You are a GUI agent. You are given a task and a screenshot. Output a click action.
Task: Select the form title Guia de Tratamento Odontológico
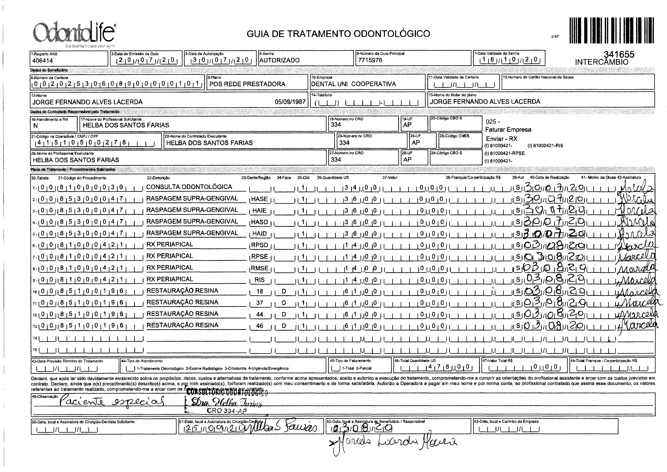click(338, 34)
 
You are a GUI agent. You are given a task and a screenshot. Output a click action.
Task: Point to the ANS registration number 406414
click(43, 61)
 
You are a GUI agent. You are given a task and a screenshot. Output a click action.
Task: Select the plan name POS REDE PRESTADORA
click(247, 84)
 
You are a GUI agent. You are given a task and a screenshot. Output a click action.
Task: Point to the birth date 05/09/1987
click(290, 102)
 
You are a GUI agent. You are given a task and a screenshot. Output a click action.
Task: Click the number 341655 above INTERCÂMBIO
click(619, 54)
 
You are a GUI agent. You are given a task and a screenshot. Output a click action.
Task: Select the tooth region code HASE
click(259, 199)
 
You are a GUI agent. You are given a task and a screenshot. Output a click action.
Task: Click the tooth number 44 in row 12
click(259, 314)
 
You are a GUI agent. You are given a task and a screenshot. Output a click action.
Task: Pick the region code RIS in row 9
click(259, 280)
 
